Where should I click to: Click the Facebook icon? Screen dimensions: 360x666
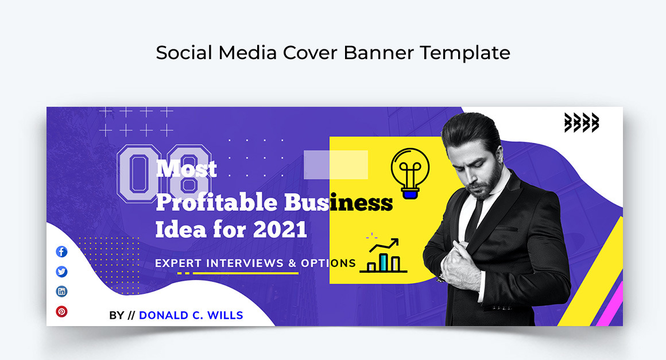coord(61,251)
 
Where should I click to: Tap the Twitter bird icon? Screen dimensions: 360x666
coord(61,272)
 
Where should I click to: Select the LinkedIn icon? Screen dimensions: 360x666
coord(61,291)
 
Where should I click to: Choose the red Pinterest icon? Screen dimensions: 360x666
coord(61,311)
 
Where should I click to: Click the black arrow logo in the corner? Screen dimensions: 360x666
coord(581,122)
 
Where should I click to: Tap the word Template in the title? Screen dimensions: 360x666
coord(464,53)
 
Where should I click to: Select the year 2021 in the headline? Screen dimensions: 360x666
coord(280,230)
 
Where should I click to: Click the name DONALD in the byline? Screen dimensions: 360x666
coord(164,315)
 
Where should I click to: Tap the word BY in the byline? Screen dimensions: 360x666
coord(117,315)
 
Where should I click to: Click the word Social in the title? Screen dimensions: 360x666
coord(184,53)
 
